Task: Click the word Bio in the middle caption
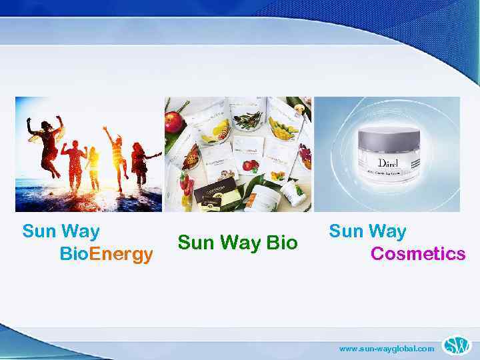click(282, 243)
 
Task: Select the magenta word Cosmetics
click(418, 254)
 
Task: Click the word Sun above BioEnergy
click(39, 232)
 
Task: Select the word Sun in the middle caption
click(194, 243)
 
